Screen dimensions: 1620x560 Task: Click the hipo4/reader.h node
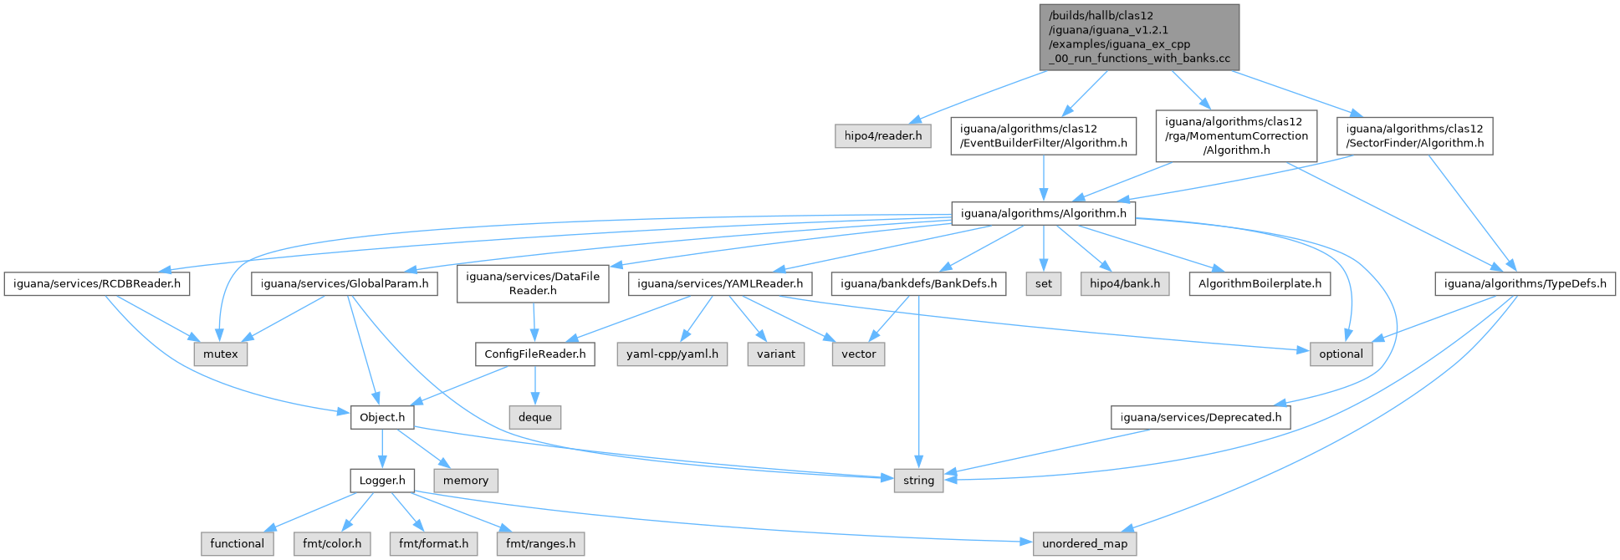point(882,135)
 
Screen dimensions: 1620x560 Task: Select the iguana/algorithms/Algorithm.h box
point(1043,213)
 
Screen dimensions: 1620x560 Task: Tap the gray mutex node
point(221,354)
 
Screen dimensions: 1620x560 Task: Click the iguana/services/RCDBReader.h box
point(96,283)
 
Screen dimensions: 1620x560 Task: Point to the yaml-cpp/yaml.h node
point(672,354)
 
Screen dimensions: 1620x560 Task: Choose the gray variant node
point(776,354)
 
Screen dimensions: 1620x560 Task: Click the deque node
point(535,417)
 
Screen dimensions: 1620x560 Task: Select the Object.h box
point(382,417)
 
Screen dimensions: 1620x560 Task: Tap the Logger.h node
point(382,481)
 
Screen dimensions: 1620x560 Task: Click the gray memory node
point(466,481)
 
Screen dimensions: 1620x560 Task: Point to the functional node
point(238,543)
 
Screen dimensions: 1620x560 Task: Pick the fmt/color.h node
point(332,543)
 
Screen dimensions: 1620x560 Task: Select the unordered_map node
point(1085,543)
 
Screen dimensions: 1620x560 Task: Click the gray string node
point(918,481)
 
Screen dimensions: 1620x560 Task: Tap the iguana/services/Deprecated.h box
point(1200,417)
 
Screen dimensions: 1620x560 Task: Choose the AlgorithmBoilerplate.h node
point(1260,283)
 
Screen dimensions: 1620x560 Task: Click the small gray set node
point(1044,283)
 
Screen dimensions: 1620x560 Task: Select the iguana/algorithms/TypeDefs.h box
point(1525,283)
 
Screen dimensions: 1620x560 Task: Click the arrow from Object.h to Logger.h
point(382,449)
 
